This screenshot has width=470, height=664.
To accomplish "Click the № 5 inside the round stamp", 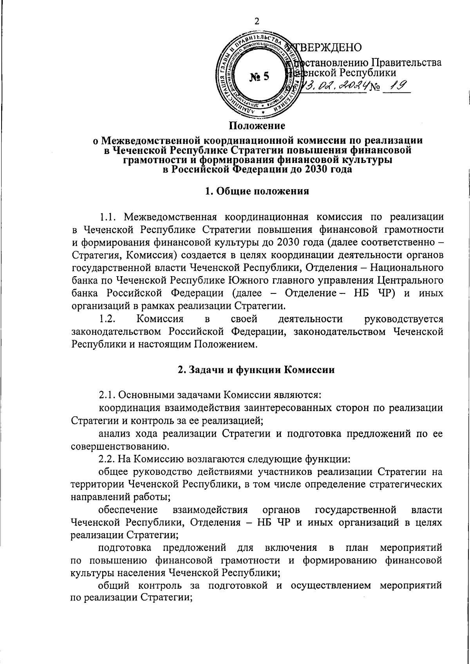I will (259, 76).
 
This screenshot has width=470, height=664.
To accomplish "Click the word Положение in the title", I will (257, 126).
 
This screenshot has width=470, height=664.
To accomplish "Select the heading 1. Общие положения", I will (257, 191).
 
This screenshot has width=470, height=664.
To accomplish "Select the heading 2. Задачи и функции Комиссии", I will (257, 369).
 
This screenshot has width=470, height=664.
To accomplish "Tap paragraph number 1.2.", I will (107, 319).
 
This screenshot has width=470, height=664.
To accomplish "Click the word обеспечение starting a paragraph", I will (128, 510).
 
